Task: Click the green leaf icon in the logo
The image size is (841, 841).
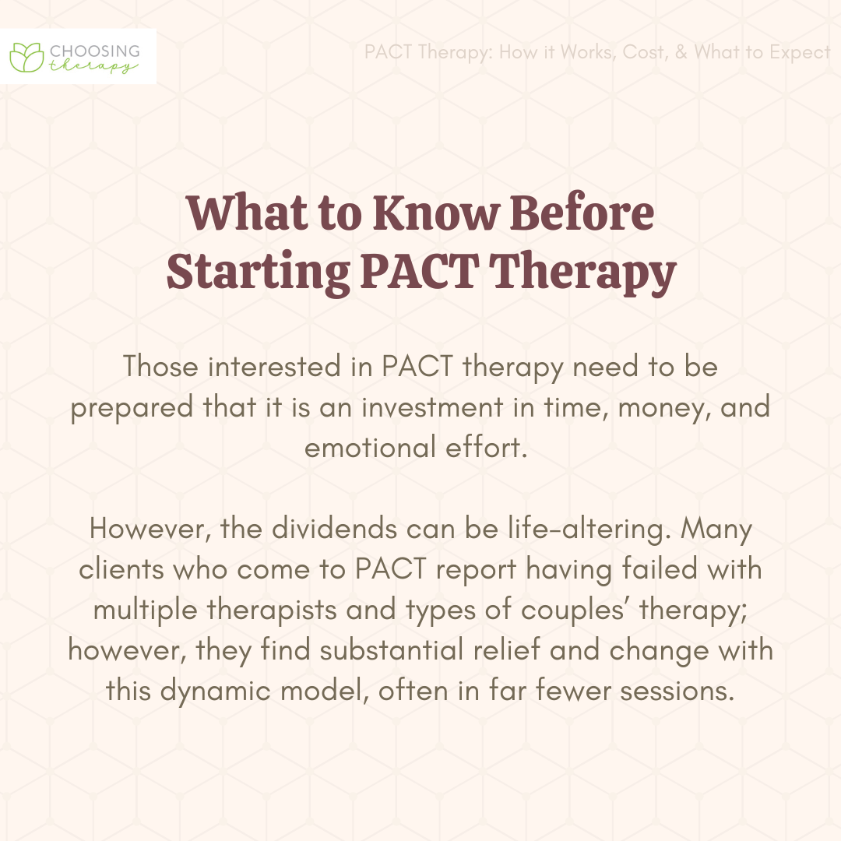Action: [26, 57]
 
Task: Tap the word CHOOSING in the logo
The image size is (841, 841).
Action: [95, 51]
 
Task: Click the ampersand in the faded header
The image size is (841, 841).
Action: [681, 52]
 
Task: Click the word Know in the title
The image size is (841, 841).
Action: [435, 213]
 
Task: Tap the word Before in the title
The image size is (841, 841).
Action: [582, 213]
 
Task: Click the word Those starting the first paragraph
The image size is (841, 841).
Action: [161, 366]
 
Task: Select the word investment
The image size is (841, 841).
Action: [432, 407]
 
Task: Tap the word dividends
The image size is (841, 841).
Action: [334, 528]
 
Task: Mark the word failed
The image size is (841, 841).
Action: [660, 569]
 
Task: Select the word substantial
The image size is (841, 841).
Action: [392, 650]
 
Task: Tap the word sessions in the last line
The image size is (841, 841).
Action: [677, 691]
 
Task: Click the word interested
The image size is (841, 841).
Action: [274, 366]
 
